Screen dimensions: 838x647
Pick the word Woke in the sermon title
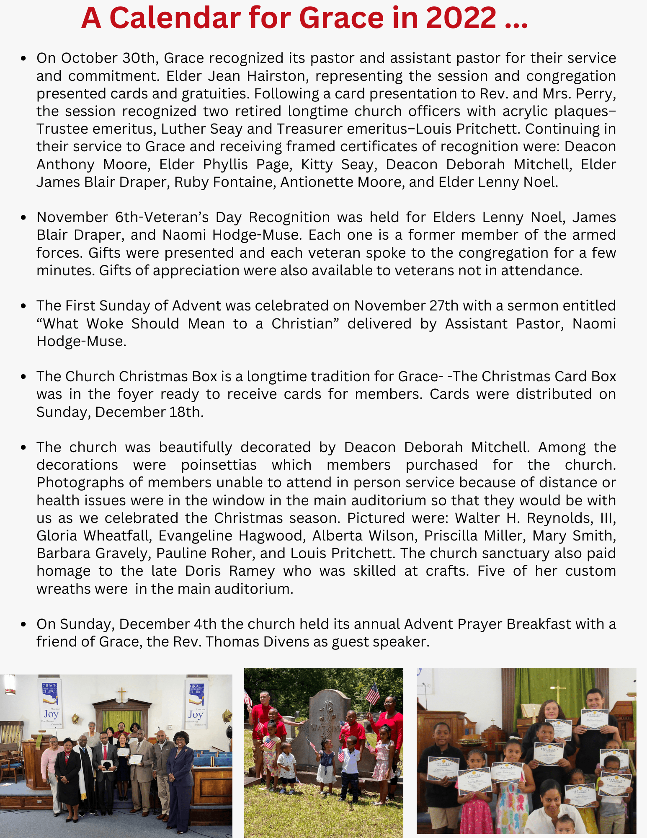tap(105, 324)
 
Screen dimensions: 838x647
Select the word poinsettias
tap(219, 465)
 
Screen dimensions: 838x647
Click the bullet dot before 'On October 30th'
tap(24, 58)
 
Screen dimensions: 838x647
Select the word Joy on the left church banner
tap(51, 714)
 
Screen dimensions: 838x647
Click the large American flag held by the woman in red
tap(372, 693)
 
